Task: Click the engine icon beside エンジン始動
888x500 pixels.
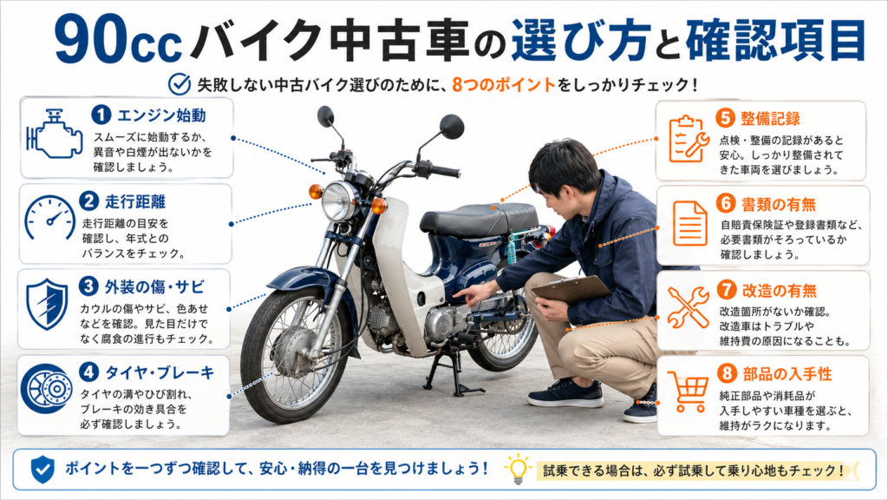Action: coord(53,134)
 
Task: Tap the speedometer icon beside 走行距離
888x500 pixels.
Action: coord(49,218)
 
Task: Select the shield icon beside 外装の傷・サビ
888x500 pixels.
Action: coord(47,304)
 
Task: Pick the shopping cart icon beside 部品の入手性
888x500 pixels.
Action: coord(688,391)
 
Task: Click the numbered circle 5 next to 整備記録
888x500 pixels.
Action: coord(725,118)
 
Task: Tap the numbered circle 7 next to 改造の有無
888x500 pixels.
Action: coord(726,290)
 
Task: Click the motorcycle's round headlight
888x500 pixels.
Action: coord(338,201)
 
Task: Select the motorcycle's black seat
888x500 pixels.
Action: coord(479,219)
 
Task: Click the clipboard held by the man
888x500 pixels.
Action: coord(571,289)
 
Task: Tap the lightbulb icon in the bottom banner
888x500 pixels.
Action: coord(518,469)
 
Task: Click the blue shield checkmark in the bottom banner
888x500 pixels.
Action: coord(42,470)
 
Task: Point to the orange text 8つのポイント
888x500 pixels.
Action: coord(504,85)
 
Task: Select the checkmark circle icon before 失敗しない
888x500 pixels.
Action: coord(180,84)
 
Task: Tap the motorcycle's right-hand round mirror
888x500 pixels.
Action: coord(452,126)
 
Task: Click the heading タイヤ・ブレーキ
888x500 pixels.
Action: coord(160,372)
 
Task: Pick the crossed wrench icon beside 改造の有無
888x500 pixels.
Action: coord(688,306)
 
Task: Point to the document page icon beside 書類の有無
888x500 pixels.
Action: coord(689,223)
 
